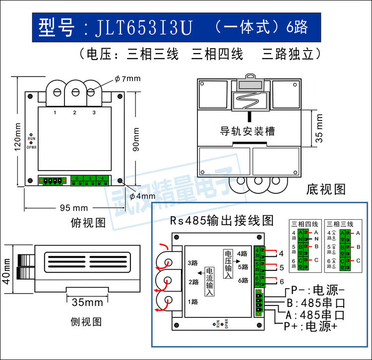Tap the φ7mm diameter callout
(127, 78)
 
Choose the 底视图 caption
(325, 189)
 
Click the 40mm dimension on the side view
(7, 270)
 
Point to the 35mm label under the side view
(87, 302)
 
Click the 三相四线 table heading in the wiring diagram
(307, 224)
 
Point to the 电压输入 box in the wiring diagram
(228, 263)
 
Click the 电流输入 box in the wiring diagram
(209, 282)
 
